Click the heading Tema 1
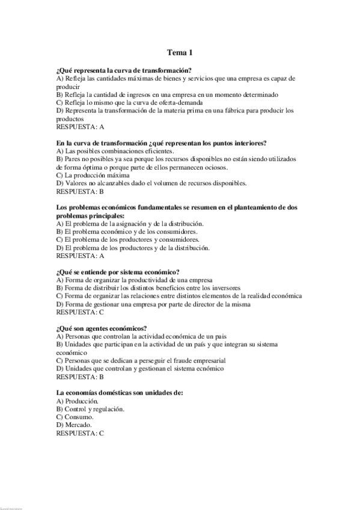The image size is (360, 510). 180,53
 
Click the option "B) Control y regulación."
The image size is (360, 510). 90,409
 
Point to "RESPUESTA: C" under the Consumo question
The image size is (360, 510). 80,433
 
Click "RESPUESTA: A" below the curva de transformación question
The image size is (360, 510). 80,127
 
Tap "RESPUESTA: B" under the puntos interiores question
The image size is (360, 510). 80,191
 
